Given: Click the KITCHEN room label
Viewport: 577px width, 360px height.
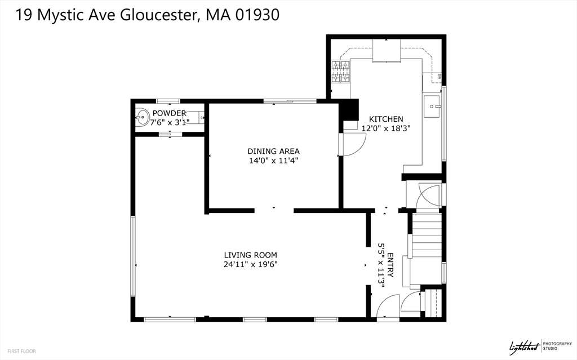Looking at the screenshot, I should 386,119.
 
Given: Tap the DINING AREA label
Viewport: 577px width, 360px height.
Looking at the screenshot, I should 273,151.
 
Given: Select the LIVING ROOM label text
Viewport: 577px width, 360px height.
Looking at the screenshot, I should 250,255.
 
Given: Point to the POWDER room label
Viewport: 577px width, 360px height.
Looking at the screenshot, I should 169,113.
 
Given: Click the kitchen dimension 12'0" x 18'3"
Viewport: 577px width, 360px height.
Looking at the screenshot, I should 386,128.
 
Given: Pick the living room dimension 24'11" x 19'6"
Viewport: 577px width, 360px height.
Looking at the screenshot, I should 250,264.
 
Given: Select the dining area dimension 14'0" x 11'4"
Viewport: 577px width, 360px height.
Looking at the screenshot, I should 273,161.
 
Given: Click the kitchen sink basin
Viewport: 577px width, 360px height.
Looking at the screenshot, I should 432,105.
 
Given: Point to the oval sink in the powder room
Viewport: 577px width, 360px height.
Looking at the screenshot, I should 142,118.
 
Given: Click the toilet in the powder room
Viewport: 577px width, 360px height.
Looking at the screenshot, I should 195,118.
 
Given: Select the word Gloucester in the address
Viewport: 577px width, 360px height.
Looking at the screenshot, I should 158,15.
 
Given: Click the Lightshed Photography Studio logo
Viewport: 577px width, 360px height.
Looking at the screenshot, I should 533,346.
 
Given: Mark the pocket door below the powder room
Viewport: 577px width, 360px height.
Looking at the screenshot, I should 169,134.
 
